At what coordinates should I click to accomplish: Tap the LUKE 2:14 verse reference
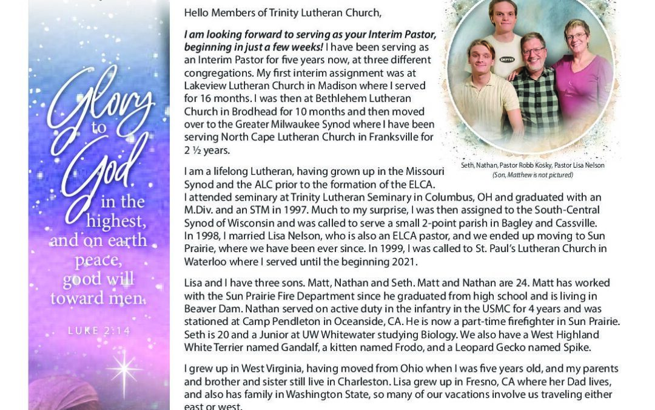99,330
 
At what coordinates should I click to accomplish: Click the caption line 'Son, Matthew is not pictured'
532,175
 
